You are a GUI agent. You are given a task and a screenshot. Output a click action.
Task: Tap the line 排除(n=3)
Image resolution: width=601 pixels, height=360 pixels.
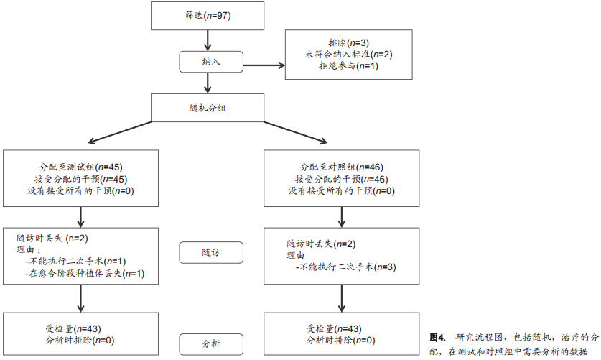pos(348,42)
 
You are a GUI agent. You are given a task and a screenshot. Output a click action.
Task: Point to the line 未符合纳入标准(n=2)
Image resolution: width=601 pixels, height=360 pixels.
pos(348,54)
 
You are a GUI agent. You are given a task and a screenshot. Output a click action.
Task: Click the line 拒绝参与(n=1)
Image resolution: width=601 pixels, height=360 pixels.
pos(348,66)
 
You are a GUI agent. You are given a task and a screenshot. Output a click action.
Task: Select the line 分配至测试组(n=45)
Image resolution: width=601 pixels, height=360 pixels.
pos(80,166)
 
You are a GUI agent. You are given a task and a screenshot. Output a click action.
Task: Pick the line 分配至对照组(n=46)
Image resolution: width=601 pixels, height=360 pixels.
pos(341,166)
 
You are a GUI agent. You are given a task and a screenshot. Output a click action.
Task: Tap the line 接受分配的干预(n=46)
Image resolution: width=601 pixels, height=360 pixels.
pos(341,178)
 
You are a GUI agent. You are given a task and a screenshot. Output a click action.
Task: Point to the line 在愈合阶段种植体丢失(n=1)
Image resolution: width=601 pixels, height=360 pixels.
pos(85,274)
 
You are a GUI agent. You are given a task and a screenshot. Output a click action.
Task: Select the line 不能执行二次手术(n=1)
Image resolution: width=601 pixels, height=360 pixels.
pos(76,262)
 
